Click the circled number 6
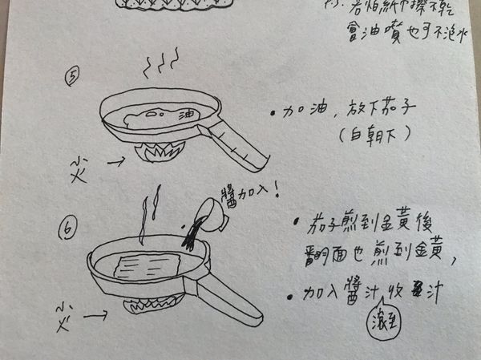(68, 229)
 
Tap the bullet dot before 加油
(274, 113)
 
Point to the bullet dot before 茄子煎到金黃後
(297, 223)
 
